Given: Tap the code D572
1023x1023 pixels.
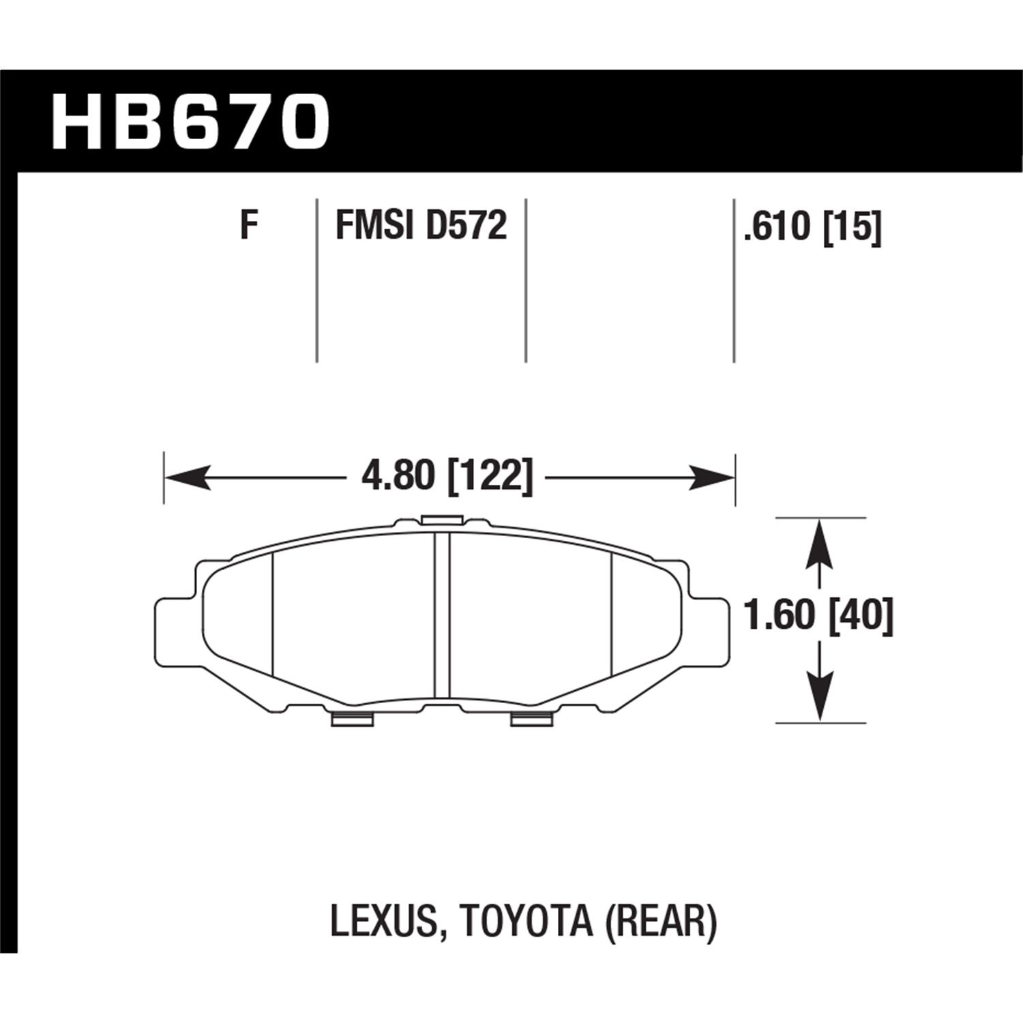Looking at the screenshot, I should (x=466, y=226).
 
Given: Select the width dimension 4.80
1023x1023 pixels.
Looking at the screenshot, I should (x=398, y=475).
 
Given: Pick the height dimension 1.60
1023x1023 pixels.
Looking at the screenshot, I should (x=780, y=616).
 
